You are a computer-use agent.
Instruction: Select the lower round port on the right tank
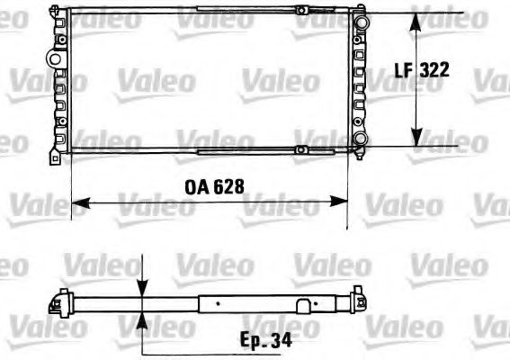coord(361,139)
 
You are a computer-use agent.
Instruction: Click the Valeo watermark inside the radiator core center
coord(208,82)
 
